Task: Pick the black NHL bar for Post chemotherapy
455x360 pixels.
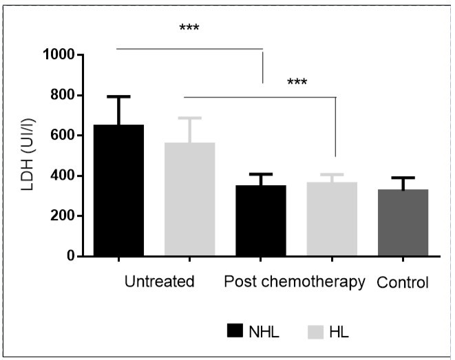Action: tap(261, 221)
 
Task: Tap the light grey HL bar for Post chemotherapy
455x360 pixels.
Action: tap(332, 220)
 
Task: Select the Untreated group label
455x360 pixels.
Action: tap(160, 282)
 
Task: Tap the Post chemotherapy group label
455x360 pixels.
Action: tap(295, 282)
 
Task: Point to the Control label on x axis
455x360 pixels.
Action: tap(403, 283)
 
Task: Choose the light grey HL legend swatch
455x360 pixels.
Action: tap(314, 332)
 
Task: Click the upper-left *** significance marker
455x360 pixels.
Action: tap(189, 29)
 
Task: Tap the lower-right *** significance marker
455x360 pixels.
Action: tap(297, 83)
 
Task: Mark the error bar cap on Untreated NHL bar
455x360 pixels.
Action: tap(119, 96)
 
